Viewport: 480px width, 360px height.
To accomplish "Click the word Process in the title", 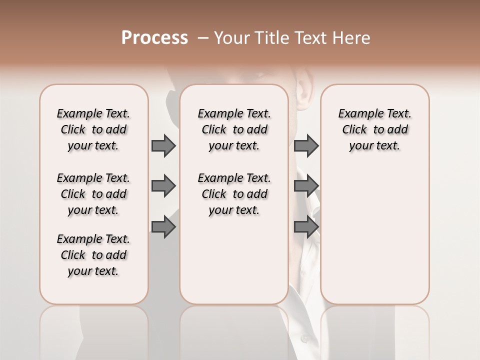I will pos(154,38).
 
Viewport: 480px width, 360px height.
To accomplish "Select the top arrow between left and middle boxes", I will pos(163,145).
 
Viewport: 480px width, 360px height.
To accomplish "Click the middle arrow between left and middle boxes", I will pos(163,186).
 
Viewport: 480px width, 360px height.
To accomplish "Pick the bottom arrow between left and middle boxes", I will pos(163,227).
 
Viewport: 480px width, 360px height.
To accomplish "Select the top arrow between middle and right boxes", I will pos(306,145).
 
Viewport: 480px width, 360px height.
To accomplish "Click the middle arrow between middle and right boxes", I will pos(306,186).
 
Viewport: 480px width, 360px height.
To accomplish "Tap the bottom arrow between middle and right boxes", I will pos(306,227).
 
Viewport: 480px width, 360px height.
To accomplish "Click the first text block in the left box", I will pos(93,129).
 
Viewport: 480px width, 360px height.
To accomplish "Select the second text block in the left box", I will pos(93,194).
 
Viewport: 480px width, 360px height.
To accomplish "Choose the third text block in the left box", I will pos(93,255).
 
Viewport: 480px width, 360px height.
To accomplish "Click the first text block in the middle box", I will pos(234,129).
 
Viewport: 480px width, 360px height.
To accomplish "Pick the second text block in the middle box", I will pos(234,194).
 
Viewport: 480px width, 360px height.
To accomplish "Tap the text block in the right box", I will pos(374,129).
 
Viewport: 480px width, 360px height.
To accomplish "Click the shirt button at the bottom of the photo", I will pos(304,339).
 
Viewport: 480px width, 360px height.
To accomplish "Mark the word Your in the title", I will pos(230,38).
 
